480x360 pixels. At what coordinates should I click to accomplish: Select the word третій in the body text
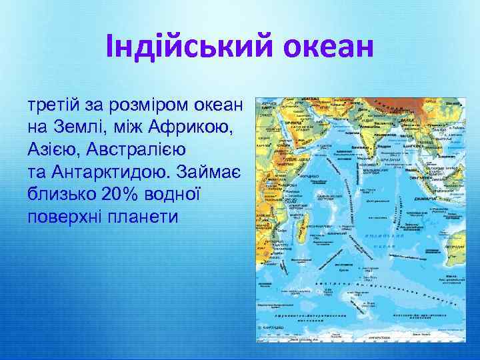pyautogui.click(x=51, y=107)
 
